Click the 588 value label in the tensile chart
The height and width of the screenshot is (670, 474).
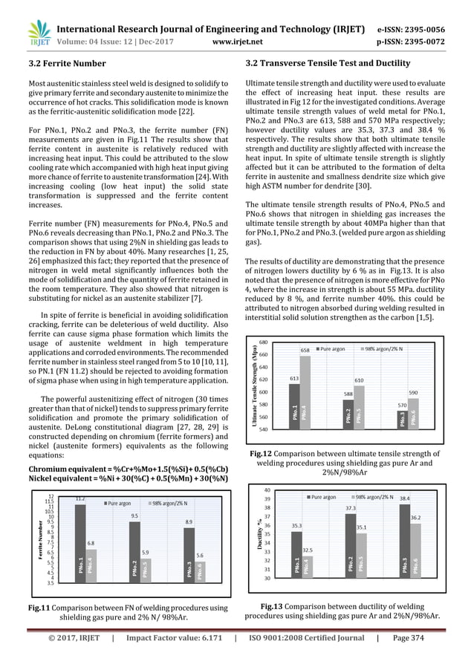[x=348, y=393]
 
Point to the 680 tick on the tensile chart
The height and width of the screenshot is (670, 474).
[x=263, y=342]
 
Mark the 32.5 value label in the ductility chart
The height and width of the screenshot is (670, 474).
[x=307, y=550]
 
